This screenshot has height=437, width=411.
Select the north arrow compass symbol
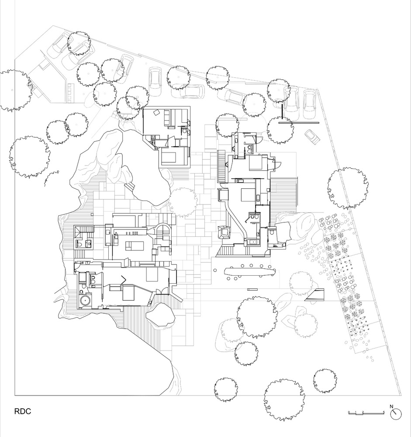(396, 413)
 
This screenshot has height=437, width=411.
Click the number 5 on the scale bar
(383, 412)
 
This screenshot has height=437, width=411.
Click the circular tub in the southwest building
(84, 301)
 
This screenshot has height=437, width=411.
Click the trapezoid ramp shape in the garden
(316, 295)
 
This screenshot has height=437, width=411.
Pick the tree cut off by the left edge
(13, 90)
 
